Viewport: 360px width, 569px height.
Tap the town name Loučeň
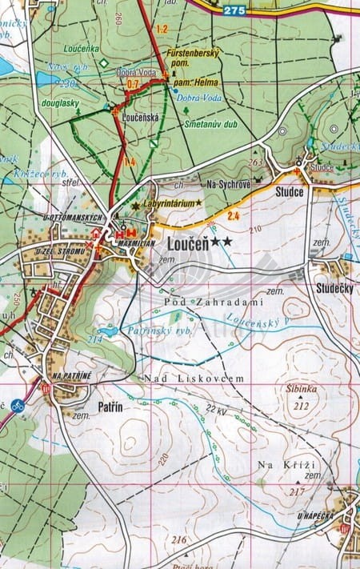pos(187,241)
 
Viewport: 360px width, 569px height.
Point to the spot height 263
pos(255,162)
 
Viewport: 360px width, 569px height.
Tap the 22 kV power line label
pos(217,409)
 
